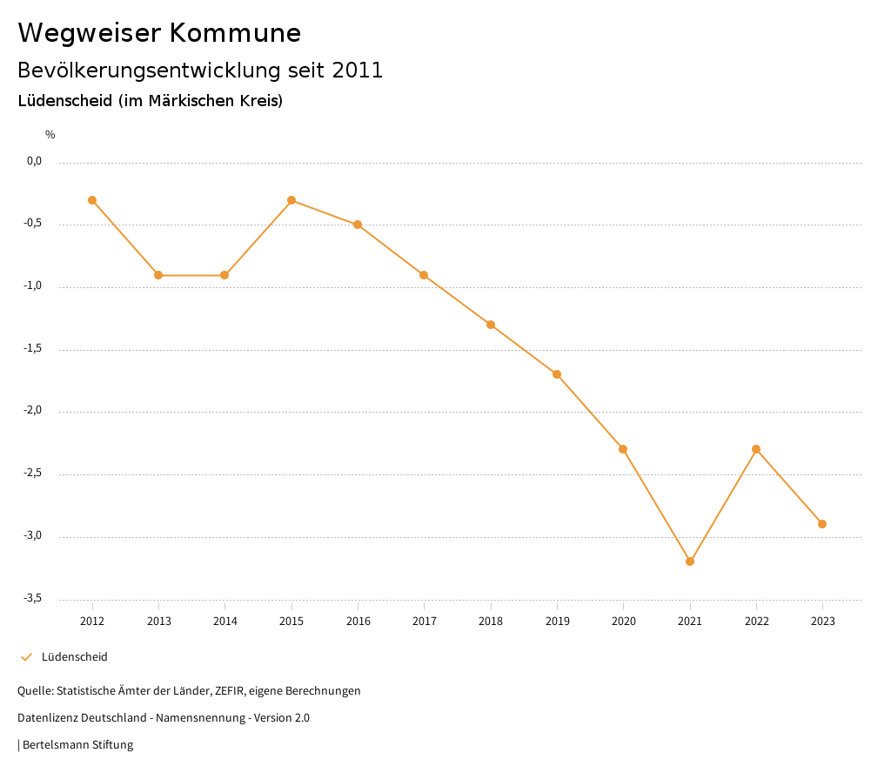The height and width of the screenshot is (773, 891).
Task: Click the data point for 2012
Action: tap(92, 200)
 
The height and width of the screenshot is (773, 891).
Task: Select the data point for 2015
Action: tap(291, 200)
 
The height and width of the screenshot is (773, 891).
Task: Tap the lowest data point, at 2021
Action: tap(690, 561)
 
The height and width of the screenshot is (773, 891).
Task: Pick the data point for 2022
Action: tap(756, 449)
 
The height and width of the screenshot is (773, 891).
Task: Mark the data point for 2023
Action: tap(822, 524)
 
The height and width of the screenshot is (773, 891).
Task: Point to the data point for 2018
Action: tap(491, 325)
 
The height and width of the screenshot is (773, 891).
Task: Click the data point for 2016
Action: tap(358, 225)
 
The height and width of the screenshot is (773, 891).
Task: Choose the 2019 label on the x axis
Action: tap(557, 622)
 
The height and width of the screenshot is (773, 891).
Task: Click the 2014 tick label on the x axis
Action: tap(224, 622)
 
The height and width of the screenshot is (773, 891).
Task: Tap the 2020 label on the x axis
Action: tap(624, 622)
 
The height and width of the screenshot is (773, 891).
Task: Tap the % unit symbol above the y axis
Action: tap(50, 135)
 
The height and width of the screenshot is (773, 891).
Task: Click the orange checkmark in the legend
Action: tap(26, 657)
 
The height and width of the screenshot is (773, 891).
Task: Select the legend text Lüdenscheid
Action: tap(75, 657)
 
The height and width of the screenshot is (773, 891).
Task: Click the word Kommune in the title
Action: tap(235, 33)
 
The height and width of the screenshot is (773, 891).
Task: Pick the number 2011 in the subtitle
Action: tap(358, 71)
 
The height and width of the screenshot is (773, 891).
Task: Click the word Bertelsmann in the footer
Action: tap(56, 745)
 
